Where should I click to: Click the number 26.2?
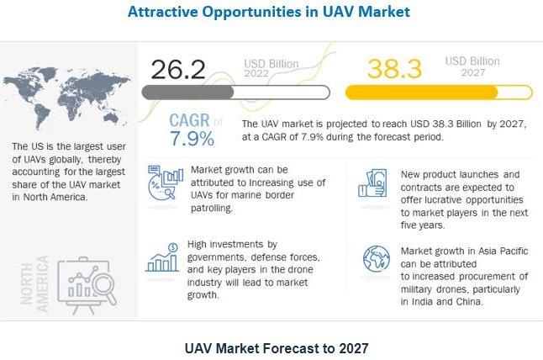click(178, 69)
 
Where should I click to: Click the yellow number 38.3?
click(394, 69)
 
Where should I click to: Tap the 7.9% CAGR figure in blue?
click(192, 139)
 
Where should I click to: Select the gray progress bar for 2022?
click(236, 93)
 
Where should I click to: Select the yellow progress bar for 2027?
click(439, 93)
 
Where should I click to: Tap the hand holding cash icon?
click(372, 183)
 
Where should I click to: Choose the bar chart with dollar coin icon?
click(162, 257)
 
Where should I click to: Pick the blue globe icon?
click(376, 259)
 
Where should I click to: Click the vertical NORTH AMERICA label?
click(34, 283)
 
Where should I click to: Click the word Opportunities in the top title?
click(252, 12)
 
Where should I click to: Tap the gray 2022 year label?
click(256, 73)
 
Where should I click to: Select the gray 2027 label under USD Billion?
click(472, 72)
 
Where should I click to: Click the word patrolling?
click(212, 208)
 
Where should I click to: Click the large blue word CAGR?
click(189, 120)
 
